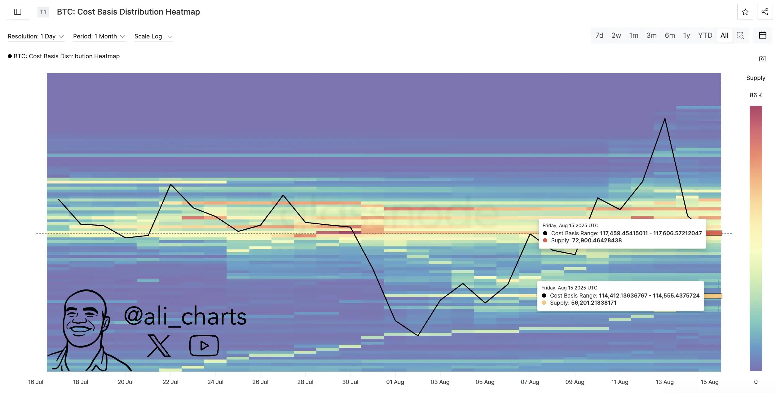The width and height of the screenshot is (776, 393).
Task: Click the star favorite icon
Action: [x=745, y=12]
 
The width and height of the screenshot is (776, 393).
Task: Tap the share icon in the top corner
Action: [x=765, y=12]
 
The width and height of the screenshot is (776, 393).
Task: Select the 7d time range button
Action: [x=599, y=36]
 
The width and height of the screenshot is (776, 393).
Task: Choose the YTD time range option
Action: [x=705, y=36]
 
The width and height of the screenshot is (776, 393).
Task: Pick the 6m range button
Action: [x=669, y=36]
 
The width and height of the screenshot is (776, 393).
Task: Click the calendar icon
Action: [x=762, y=35]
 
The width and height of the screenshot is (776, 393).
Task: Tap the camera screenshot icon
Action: [x=762, y=59]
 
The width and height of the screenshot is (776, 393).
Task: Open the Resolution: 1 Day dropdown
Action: [x=36, y=37]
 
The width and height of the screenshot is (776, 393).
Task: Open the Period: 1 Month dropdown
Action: [x=99, y=37]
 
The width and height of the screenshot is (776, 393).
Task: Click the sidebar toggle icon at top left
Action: [x=18, y=12]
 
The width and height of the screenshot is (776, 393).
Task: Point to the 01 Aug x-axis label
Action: [x=395, y=382]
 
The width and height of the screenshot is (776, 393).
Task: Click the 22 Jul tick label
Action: [x=170, y=382]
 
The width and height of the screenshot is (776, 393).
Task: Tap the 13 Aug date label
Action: [x=664, y=382]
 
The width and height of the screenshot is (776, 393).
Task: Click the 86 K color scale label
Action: [x=756, y=95]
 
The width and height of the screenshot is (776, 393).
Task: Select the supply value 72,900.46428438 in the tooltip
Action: [x=597, y=241]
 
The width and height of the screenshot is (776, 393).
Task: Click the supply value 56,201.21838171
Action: [x=593, y=303]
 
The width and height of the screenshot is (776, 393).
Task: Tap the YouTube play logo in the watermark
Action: [x=204, y=345]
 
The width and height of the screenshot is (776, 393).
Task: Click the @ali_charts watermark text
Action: [x=185, y=316]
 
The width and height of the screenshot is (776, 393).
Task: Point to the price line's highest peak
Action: [x=664, y=119]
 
